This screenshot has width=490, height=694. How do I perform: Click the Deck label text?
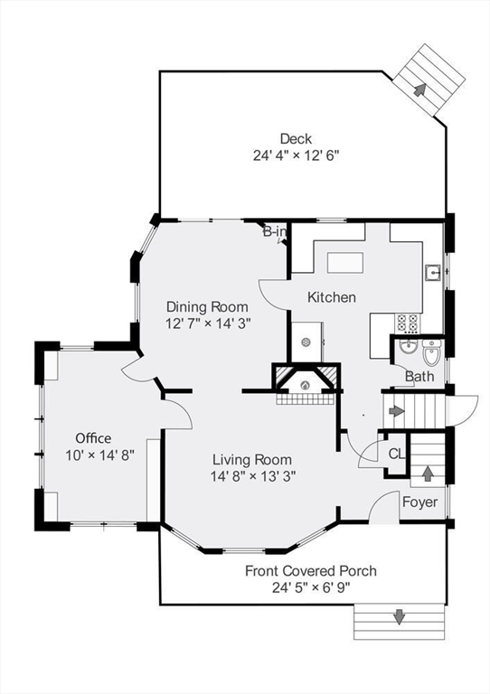(x=296, y=138)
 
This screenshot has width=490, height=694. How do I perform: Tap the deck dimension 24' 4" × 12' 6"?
(x=296, y=155)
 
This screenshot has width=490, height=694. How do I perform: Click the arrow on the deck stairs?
(x=420, y=89)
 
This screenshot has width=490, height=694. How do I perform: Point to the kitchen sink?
(x=434, y=270)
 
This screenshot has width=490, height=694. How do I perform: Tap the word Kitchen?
(x=332, y=297)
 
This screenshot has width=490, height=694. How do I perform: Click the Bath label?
(x=419, y=376)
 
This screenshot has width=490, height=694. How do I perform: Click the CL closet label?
(x=396, y=455)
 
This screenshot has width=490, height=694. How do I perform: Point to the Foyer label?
(x=419, y=502)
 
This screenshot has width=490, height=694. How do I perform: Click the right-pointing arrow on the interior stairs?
(x=396, y=411)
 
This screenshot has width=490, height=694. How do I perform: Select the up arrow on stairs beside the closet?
(x=428, y=473)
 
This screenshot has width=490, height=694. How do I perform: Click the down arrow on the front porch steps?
(x=399, y=618)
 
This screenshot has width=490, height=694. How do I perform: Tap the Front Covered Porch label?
(x=311, y=571)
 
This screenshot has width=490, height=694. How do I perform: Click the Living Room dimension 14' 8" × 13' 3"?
(x=253, y=474)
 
